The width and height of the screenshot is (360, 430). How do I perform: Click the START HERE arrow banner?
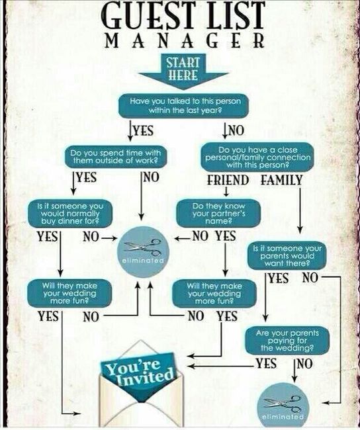pos(183,71)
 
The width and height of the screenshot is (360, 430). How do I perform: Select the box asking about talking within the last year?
pos(183,106)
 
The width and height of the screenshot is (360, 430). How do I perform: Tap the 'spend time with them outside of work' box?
pos(116,157)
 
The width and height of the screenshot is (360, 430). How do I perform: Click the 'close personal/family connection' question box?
pos(257,157)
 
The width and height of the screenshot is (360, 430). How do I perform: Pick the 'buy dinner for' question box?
pos(70,214)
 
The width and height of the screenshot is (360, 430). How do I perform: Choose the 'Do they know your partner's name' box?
pos(218,214)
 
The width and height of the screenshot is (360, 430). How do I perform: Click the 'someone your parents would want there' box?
pos(287,256)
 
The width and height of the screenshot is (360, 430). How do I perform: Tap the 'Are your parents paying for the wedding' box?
pos(287,341)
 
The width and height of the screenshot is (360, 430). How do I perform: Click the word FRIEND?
pos(228,180)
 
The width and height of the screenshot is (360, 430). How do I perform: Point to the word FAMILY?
pos(281,180)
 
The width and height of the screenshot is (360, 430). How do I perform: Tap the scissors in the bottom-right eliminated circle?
pos(283,403)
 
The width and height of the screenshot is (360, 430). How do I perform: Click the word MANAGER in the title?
pos(185,41)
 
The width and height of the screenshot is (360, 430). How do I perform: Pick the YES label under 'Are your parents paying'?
pos(266,364)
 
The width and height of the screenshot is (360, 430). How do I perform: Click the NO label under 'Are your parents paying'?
pos(305,364)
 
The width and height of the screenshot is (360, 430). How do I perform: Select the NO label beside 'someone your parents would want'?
pos(310,278)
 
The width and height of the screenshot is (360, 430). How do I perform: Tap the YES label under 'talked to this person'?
pos(143,130)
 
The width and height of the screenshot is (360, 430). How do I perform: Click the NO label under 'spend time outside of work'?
pos(151,177)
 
